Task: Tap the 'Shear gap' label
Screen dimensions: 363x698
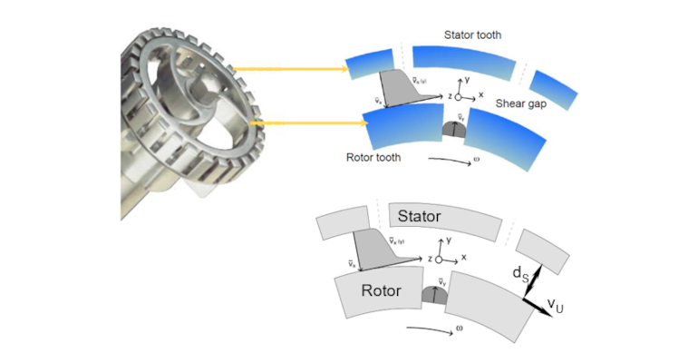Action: point(521,103)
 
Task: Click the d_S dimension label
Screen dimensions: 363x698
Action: point(516,271)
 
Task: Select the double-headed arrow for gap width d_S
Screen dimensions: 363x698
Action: point(535,274)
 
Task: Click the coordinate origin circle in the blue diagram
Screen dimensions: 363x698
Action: point(460,95)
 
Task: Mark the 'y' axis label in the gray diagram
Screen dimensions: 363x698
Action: point(449,242)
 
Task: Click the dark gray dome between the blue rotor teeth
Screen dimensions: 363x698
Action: point(451,130)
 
